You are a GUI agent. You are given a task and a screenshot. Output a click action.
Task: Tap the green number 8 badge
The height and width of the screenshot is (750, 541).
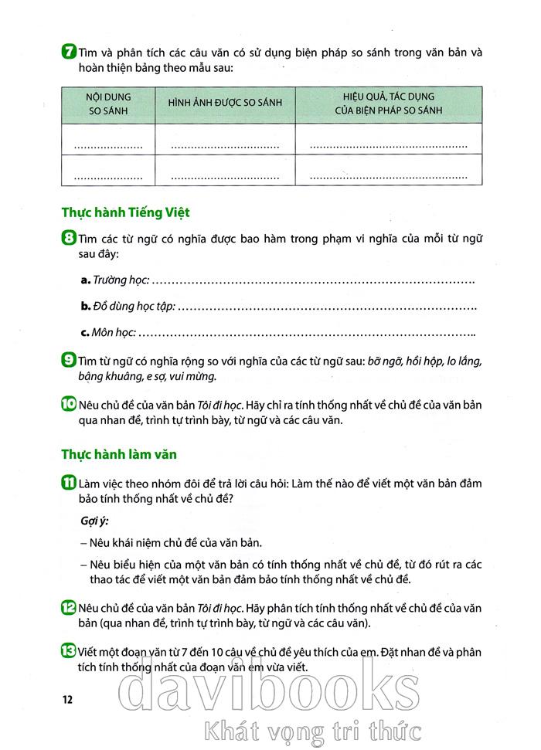point(66,239)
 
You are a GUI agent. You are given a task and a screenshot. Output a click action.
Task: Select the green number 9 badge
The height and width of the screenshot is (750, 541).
point(66,361)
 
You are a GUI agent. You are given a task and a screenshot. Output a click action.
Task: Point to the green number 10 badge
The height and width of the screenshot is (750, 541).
point(67,404)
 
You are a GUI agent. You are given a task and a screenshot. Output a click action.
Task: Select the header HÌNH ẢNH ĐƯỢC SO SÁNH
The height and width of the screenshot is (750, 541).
point(225,104)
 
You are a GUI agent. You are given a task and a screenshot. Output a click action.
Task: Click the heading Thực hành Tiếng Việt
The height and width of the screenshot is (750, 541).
point(125,212)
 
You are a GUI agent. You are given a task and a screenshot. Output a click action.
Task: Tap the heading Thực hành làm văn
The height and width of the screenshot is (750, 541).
point(121,455)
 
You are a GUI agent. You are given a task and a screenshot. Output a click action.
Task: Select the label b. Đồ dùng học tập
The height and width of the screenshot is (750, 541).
point(128,306)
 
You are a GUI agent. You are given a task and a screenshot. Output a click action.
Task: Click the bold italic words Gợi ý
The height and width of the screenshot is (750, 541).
point(94,521)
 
